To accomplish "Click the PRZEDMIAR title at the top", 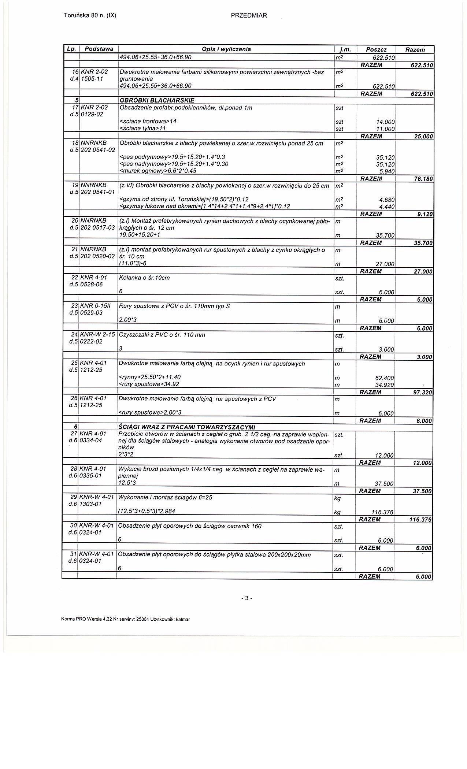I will coord(249,15).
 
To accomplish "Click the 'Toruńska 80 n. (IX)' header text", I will coord(90,15).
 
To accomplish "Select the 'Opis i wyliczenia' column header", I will coord(226,49).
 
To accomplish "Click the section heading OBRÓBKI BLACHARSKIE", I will coord(157,100).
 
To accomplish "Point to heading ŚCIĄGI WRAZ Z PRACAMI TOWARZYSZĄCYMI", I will coord(186,427).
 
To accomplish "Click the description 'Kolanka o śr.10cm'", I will coord(144,278).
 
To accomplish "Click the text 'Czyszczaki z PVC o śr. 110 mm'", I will coord(162,335).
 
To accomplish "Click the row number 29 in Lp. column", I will coord(73,497).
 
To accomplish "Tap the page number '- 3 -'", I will coord(247,598).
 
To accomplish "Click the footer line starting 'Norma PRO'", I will coord(126,619).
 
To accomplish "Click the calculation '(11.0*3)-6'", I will coord(133,264).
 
